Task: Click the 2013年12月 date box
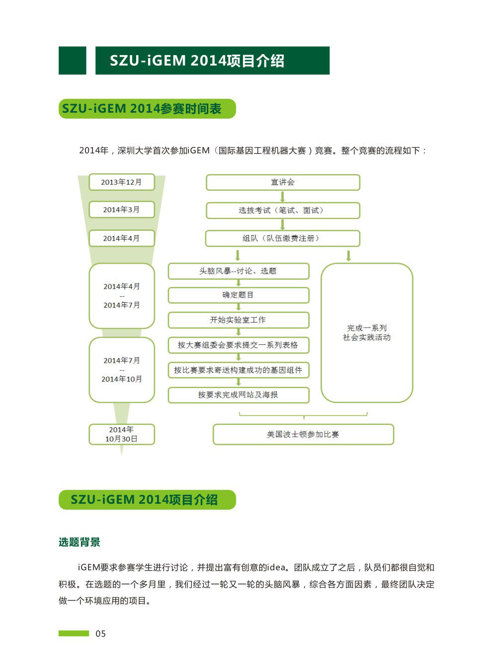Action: click(122, 182)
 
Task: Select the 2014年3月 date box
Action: click(122, 209)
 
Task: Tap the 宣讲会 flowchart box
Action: click(283, 182)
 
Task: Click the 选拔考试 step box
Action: click(283, 210)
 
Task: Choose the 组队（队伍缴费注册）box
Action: click(282, 238)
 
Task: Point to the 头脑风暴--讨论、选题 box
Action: click(238, 271)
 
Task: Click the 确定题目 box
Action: click(238, 295)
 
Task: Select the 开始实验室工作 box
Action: click(238, 320)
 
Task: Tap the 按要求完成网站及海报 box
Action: click(238, 395)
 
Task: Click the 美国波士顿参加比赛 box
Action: click(303, 434)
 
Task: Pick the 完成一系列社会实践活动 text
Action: click(367, 333)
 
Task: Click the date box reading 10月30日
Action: click(122, 434)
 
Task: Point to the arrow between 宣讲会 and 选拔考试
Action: click(282, 197)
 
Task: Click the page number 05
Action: click(100, 634)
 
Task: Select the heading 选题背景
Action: click(80, 542)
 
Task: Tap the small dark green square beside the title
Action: click(72, 60)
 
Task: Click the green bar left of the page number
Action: click(74, 633)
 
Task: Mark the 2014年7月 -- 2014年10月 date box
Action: click(122, 370)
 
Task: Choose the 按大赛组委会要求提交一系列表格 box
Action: click(238, 345)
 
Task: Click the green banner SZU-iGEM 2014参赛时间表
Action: click(147, 109)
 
